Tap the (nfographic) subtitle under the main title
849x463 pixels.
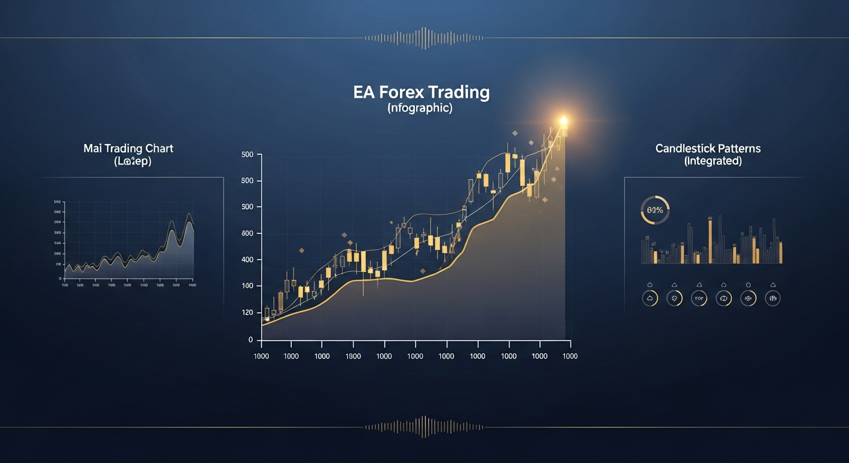[x=421, y=109]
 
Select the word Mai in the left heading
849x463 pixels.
[x=92, y=148]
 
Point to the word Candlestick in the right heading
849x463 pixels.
[x=684, y=148]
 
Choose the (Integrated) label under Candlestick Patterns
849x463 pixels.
[x=713, y=161]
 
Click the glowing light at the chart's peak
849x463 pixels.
[x=563, y=120]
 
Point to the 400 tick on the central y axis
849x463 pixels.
[x=247, y=260]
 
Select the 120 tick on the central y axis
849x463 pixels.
[x=247, y=312]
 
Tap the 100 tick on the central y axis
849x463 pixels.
[x=247, y=286]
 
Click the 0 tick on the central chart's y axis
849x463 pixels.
[x=250, y=340]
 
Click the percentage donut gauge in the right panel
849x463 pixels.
[x=654, y=210]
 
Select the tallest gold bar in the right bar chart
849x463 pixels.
[x=710, y=240]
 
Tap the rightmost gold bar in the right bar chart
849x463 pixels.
[x=780, y=253]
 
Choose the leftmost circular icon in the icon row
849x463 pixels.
[x=649, y=298]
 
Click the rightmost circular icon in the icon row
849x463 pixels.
[x=772, y=298]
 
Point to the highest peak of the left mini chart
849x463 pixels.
[x=189, y=215]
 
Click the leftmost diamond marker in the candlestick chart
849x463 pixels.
[x=301, y=250]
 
